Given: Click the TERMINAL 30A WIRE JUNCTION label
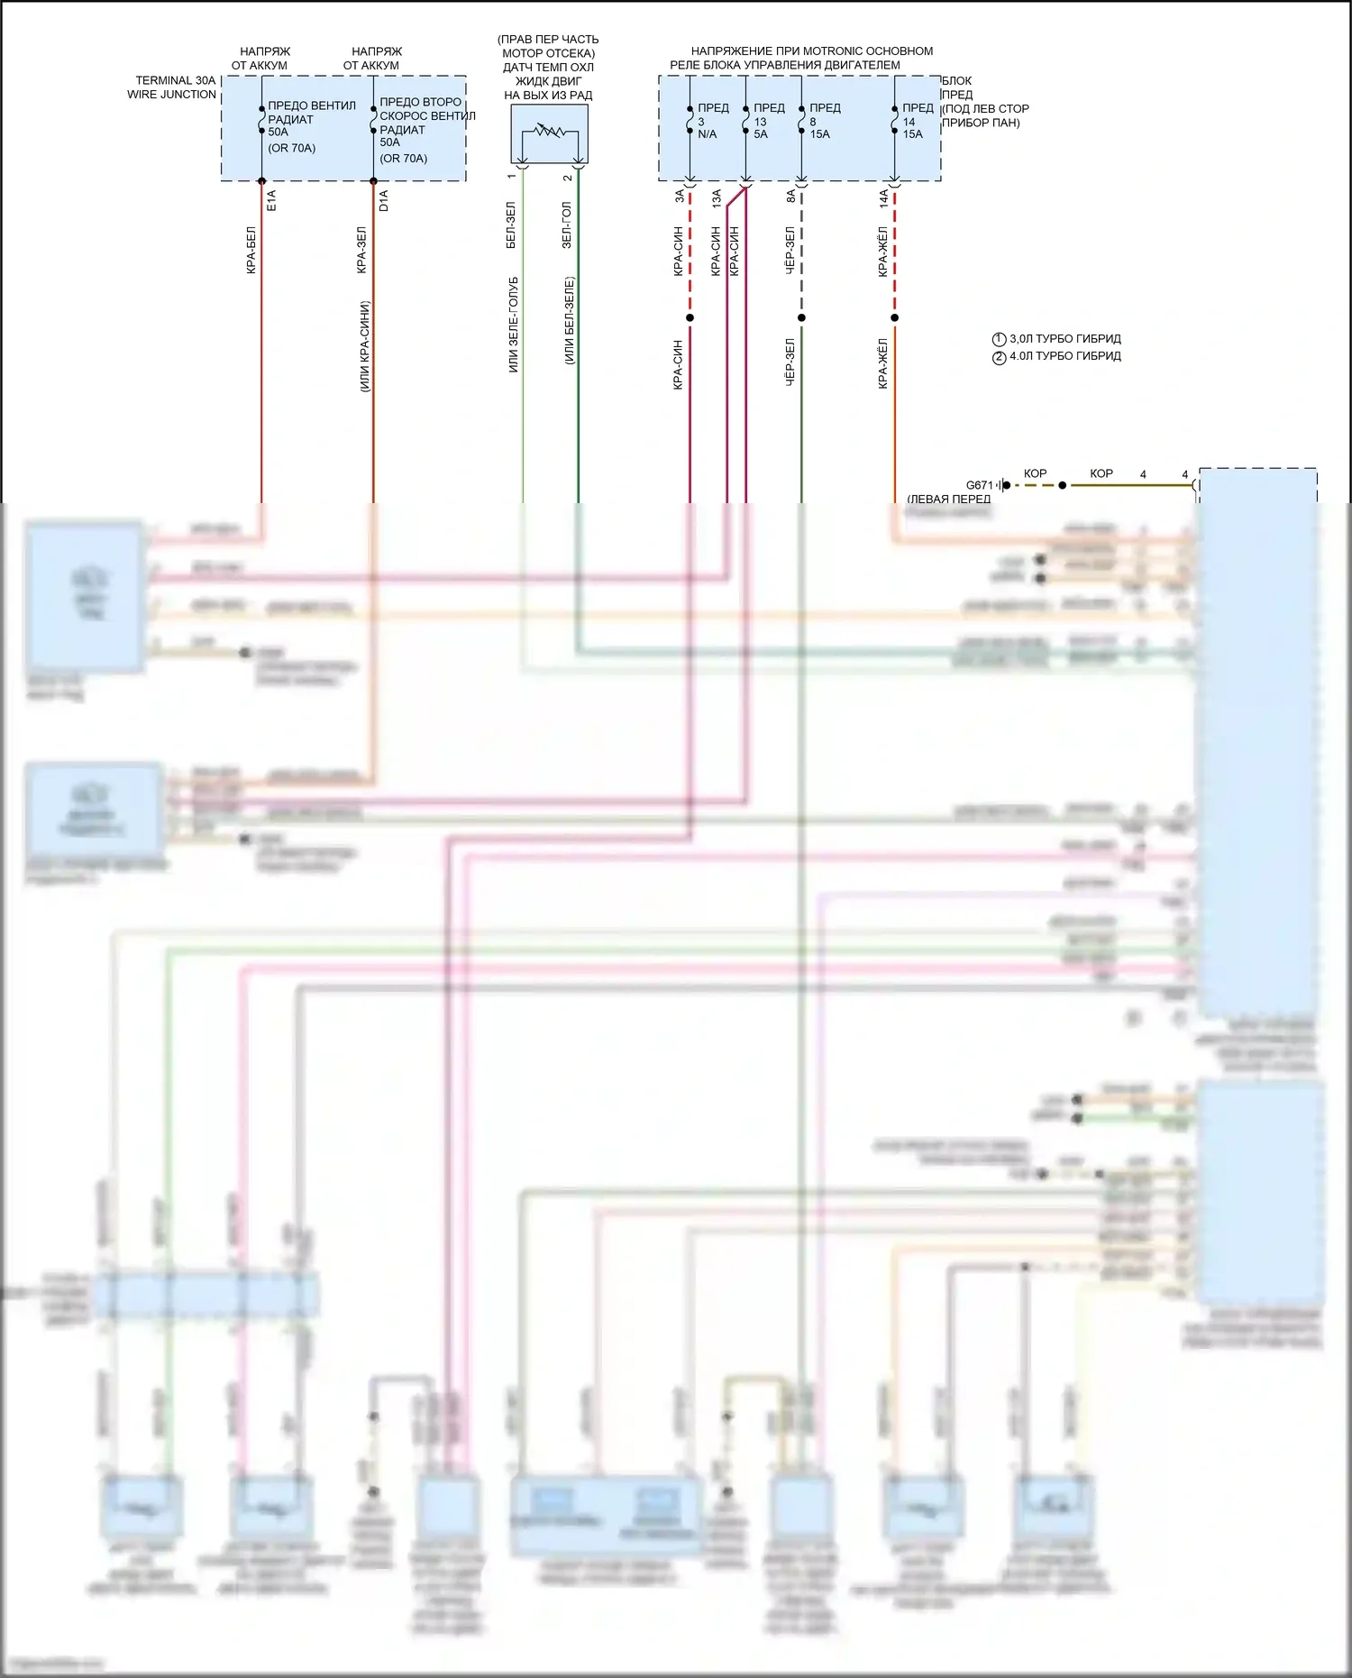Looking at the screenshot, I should click(171, 87).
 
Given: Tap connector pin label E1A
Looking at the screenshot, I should click(271, 200).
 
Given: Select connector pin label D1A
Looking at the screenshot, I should click(384, 200).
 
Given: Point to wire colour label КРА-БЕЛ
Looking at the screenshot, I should click(251, 250).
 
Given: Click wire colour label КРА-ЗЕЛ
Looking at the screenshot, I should click(361, 250).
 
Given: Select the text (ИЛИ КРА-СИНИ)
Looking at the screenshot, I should click(364, 346).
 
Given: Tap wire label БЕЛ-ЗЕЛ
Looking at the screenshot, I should click(511, 225).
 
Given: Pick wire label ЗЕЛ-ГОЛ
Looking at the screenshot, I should click(567, 225).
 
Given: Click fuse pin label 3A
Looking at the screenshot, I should click(680, 195).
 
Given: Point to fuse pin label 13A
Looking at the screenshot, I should click(717, 197).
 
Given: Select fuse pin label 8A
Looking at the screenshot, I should click(790, 195).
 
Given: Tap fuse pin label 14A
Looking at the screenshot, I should click(884, 197).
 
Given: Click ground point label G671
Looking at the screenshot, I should click(979, 485).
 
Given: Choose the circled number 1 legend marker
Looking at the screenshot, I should click(999, 340).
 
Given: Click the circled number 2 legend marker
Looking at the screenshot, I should click(999, 357).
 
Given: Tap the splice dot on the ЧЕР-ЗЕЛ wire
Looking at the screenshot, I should click(801, 317).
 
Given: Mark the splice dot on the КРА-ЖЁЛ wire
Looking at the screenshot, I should click(894, 317).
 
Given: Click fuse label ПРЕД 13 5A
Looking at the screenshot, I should click(768, 121).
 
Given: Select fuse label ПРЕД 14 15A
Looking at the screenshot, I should click(917, 121).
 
